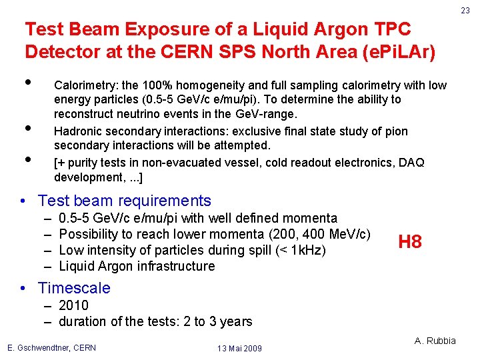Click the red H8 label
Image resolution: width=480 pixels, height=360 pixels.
point(410,242)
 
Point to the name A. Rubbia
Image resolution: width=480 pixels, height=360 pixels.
point(435,341)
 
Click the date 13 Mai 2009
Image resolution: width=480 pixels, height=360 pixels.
point(239,348)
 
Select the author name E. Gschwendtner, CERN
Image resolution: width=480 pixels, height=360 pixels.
point(51,347)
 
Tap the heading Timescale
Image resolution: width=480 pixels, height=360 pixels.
point(74,288)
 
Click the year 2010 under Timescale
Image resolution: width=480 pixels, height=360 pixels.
point(73,305)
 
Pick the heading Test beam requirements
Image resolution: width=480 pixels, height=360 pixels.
point(125,201)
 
